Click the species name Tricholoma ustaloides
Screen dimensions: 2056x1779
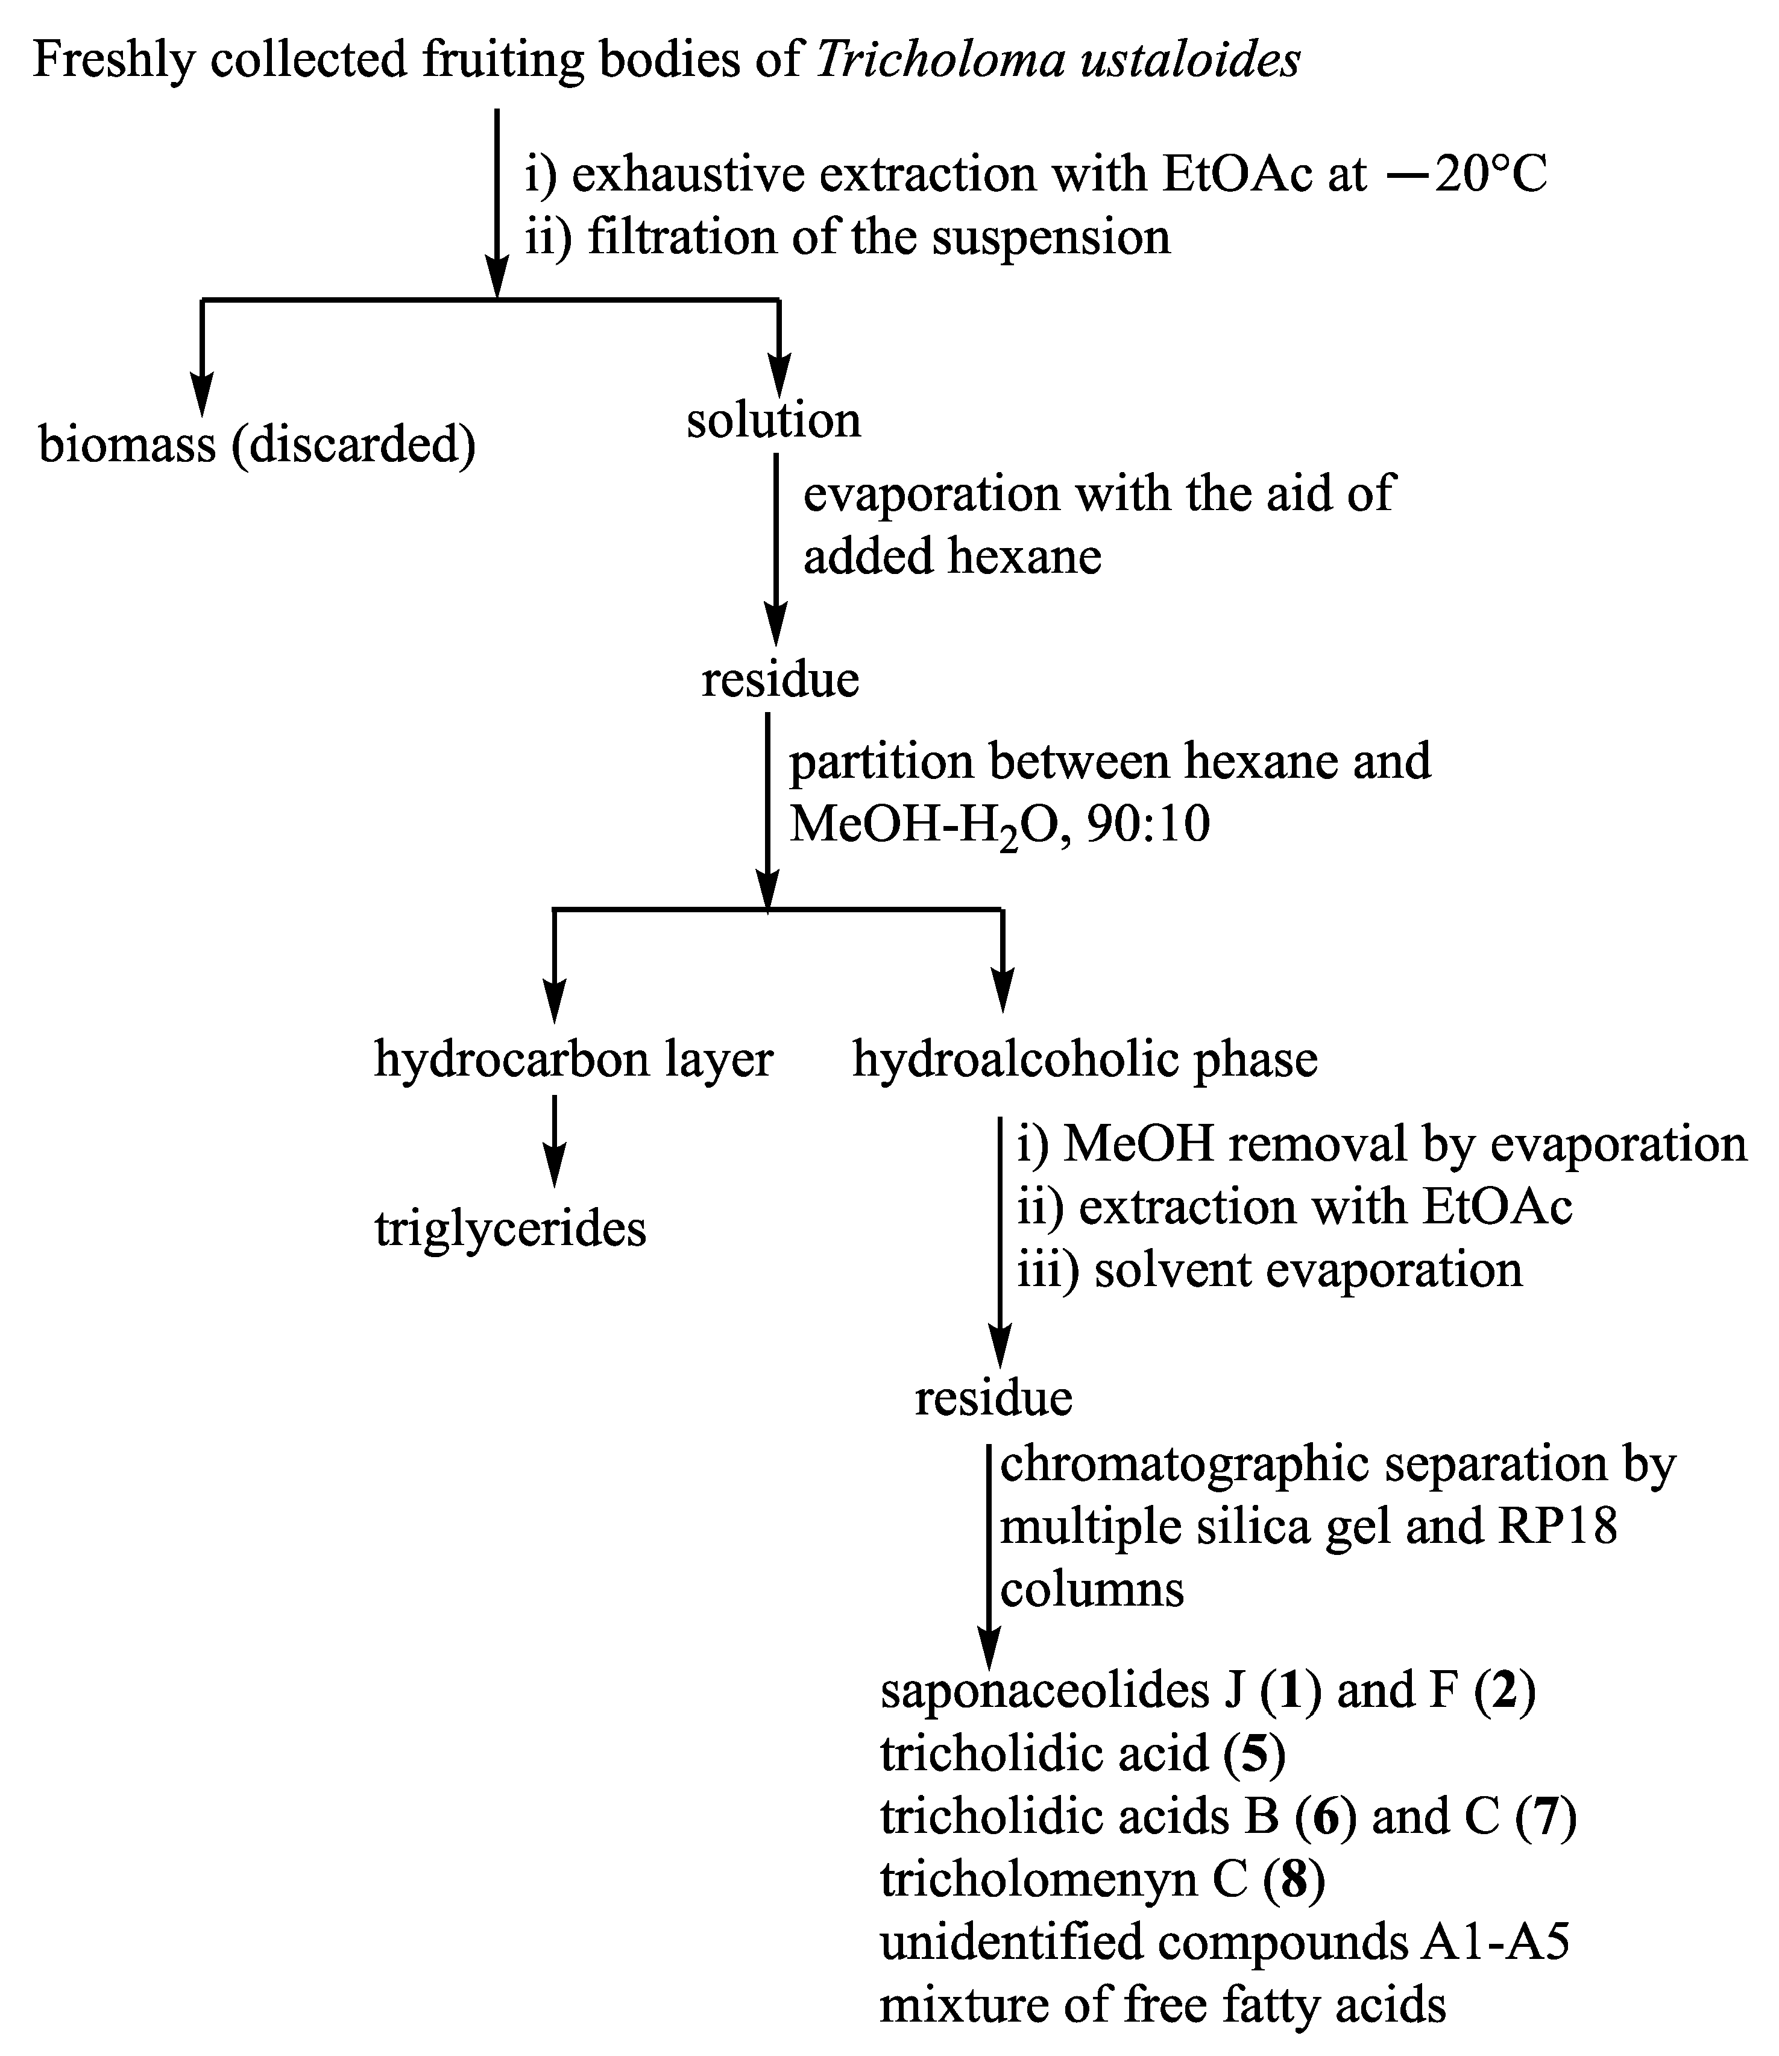click(x=1058, y=60)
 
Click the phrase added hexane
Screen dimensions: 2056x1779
click(x=952, y=556)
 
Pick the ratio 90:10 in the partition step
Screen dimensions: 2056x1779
click(x=1148, y=825)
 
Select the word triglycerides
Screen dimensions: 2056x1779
click(x=510, y=1229)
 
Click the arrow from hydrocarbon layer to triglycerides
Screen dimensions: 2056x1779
click(x=555, y=1142)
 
